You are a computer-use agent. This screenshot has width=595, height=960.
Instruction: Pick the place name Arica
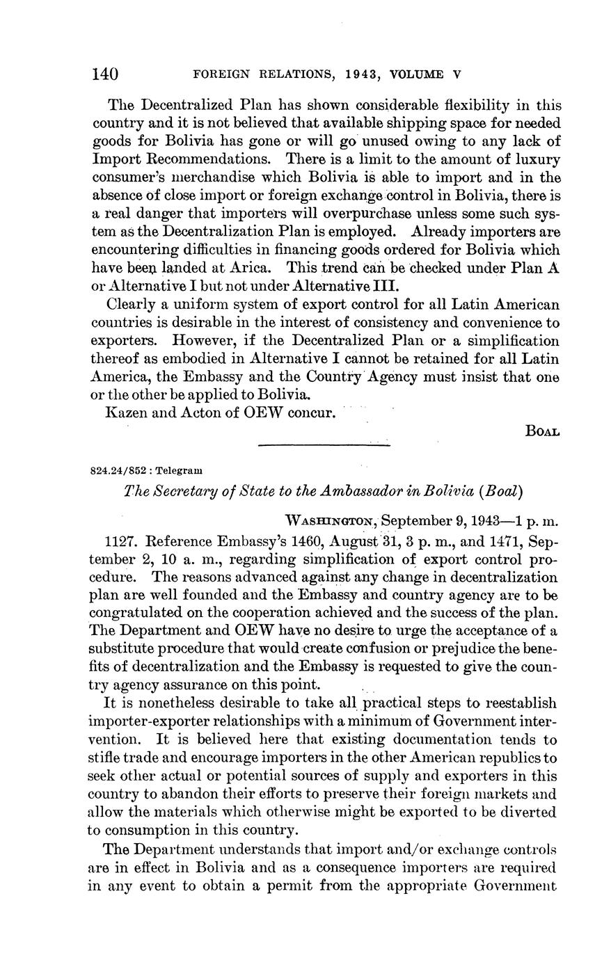tap(257, 268)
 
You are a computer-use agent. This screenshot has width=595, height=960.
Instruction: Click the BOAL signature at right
tap(542, 431)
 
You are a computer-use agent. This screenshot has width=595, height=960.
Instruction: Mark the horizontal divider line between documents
tap(324, 445)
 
